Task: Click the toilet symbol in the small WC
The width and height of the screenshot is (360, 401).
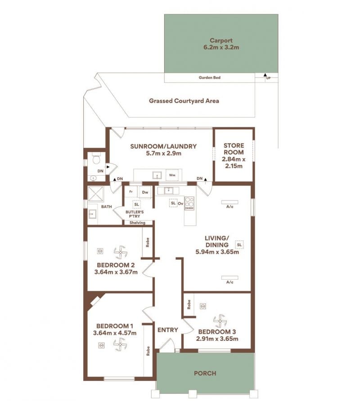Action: (96, 159)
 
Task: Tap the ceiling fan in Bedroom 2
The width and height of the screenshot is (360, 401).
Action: (120, 252)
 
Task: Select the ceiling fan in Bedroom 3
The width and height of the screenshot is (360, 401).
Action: (220, 321)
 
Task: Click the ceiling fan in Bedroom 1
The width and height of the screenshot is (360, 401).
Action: (120, 344)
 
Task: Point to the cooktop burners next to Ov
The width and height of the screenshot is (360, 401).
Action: (189, 203)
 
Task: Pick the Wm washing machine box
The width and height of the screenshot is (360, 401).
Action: (172, 175)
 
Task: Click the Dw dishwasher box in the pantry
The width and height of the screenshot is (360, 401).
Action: (145, 192)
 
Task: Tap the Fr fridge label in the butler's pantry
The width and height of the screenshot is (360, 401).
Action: (131, 192)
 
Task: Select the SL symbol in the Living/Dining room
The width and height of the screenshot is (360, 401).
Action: (239, 245)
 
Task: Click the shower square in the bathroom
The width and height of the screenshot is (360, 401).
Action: (96, 194)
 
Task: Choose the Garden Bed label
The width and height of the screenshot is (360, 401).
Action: (209, 77)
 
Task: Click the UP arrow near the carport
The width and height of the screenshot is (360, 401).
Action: (265, 75)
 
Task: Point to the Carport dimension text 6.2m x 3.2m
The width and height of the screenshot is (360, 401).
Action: (221, 47)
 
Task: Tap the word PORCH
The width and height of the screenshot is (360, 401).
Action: (205, 373)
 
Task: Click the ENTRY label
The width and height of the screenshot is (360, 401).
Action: (168, 330)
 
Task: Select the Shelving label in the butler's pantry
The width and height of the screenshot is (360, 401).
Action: (137, 223)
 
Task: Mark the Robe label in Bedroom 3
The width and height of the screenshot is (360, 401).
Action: (189, 304)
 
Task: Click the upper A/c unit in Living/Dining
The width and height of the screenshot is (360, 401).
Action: (229, 202)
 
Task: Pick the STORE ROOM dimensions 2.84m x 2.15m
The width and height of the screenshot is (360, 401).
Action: (234, 163)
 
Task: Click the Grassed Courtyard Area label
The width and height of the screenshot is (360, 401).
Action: (184, 101)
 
